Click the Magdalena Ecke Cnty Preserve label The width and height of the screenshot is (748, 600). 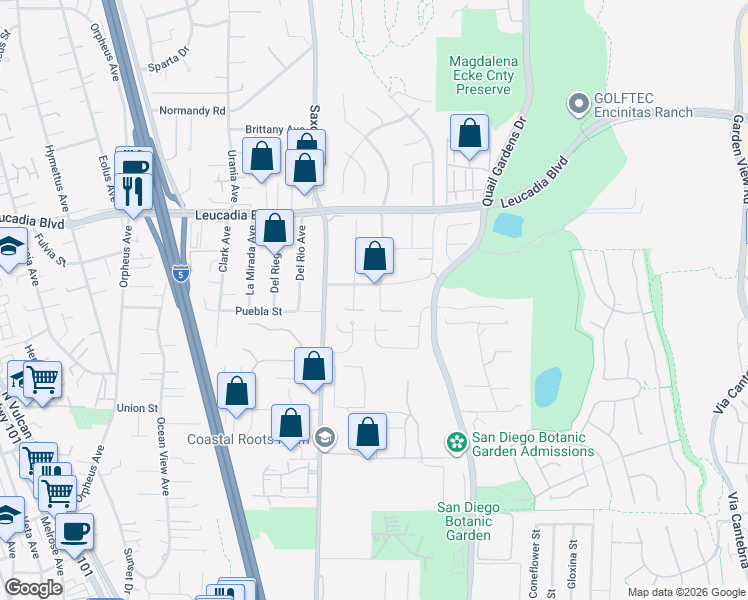coord(484,75)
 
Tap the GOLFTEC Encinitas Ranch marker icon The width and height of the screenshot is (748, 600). coord(577,103)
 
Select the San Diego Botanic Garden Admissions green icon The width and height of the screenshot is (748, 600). coord(456,441)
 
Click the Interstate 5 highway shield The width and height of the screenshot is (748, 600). coord(179,273)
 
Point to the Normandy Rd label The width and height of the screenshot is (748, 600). coord(192,110)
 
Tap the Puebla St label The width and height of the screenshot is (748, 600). coord(259,311)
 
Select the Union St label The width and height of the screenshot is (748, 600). coord(137,408)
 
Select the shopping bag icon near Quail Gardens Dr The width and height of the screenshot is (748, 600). coord(468,133)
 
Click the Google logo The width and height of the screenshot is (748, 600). coord(33,587)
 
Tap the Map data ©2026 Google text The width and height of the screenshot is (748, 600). coord(685,592)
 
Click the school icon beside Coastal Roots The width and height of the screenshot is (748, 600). coord(324,438)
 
